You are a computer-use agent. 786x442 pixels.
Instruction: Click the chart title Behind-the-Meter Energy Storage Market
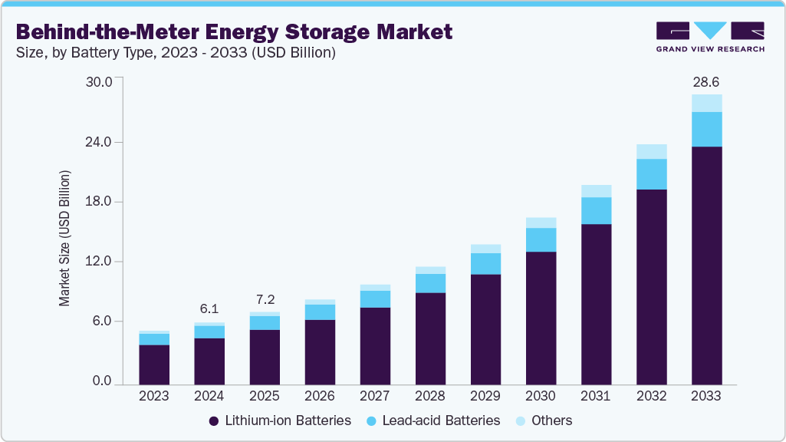pos(234,31)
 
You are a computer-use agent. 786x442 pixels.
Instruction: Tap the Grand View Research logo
pos(709,37)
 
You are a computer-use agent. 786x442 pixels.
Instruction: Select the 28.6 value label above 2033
pos(705,81)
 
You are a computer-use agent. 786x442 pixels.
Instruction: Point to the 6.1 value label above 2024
pos(209,309)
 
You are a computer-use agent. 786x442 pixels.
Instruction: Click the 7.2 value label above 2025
pos(264,299)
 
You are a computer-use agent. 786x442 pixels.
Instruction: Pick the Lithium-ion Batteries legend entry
pos(280,421)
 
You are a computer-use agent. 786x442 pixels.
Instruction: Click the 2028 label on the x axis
pos(429,396)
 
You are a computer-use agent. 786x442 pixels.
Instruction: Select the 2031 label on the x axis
pos(595,396)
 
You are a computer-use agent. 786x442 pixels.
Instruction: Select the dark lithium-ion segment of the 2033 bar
pos(706,265)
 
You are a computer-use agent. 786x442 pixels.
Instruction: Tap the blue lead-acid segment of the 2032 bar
pos(651,174)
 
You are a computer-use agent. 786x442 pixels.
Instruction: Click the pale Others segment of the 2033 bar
pos(706,104)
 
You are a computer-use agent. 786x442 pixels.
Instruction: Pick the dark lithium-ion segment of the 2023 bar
pos(154,364)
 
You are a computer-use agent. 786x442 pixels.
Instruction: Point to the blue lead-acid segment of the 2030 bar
pos(541,240)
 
